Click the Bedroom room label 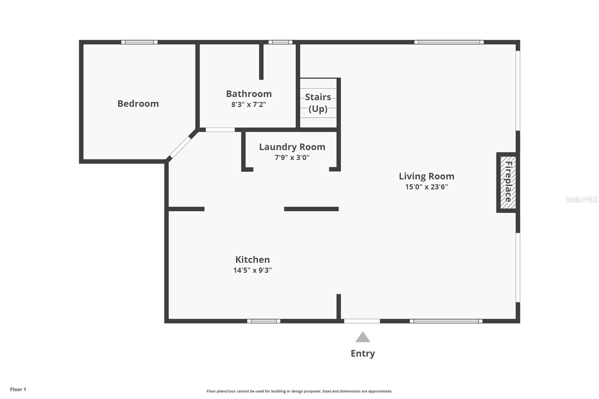[x=138, y=104]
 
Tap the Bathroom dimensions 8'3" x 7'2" [x=249, y=104]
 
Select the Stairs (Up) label [x=318, y=103]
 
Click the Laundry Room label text [x=292, y=147]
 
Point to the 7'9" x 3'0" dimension [x=292, y=158]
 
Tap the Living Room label [x=426, y=176]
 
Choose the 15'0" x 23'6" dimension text [x=426, y=187]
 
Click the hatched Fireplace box [x=508, y=182]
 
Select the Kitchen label [x=252, y=259]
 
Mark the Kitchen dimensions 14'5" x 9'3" [x=252, y=270]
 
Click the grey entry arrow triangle [x=362, y=338]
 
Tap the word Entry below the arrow [x=362, y=353]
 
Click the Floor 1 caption [x=18, y=389]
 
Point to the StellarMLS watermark [x=581, y=199]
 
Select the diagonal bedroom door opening [x=180, y=147]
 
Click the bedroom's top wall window [x=139, y=42]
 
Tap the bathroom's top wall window [x=280, y=42]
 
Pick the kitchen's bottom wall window [x=264, y=321]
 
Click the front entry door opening [x=362, y=321]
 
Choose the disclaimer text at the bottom [x=299, y=391]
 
